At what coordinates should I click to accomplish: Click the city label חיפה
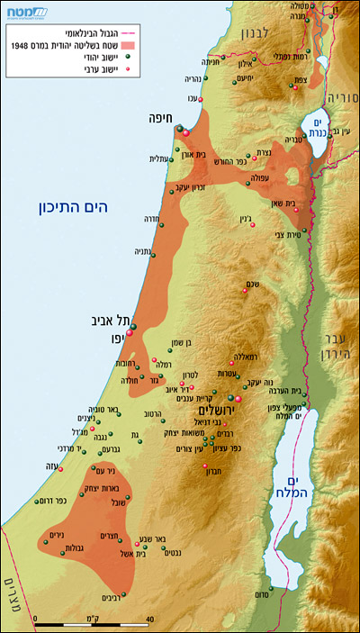coord(163,117)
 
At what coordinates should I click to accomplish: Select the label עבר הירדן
coord(338,354)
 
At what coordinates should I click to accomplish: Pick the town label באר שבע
coord(156,540)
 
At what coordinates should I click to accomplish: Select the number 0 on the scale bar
coord(35,619)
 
